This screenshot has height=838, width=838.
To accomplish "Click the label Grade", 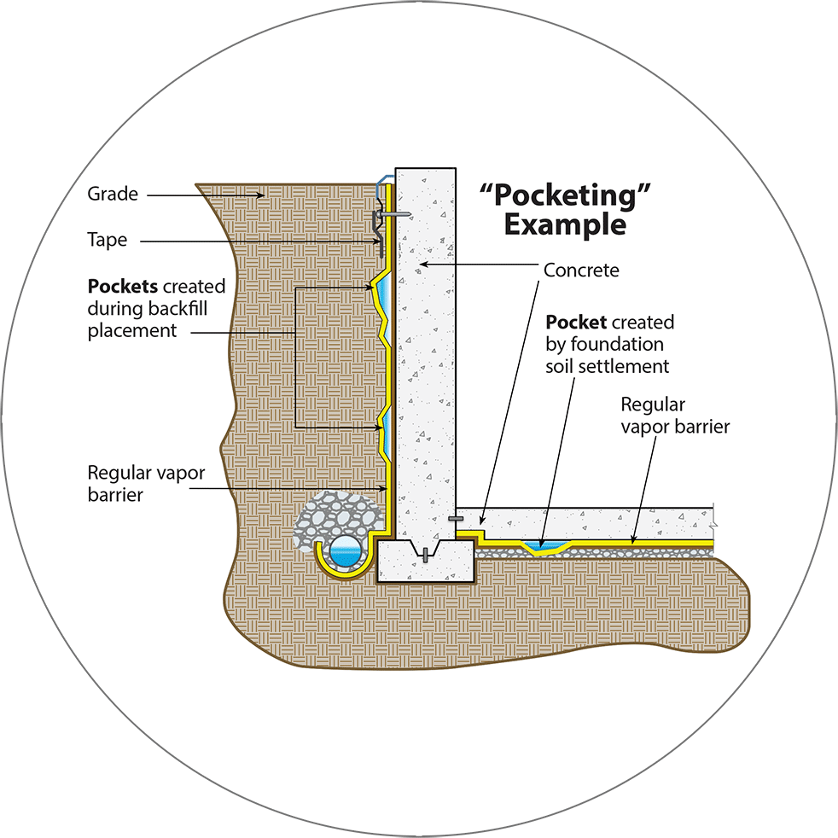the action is pyautogui.click(x=113, y=194).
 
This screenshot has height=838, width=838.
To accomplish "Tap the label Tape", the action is pyautogui.click(x=108, y=240).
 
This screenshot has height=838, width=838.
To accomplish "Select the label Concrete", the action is pyautogui.click(x=581, y=270).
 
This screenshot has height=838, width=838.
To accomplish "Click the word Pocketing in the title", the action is pyautogui.click(x=565, y=195).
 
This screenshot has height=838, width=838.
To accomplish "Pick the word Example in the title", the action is pyautogui.click(x=565, y=224).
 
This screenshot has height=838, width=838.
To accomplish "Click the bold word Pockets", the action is pyautogui.click(x=122, y=286).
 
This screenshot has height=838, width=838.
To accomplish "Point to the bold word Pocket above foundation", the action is pyautogui.click(x=576, y=322).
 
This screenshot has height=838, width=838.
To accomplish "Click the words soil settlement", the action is pyautogui.click(x=607, y=366).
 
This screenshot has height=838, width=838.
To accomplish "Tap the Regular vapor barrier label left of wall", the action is pyautogui.click(x=146, y=483).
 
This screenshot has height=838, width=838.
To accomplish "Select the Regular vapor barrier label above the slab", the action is pyautogui.click(x=675, y=416).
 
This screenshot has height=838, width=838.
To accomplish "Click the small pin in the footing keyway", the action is pyautogui.click(x=426, y=555).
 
